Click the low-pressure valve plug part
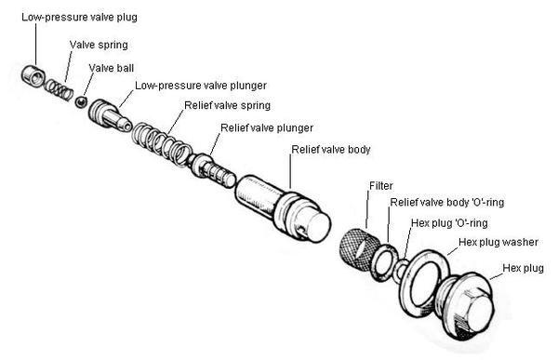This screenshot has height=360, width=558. (x=33, y=76)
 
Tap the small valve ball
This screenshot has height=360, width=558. (x=82, y=101)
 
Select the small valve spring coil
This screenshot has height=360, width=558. (x=59, y=89)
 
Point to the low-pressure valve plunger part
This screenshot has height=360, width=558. (x=110, y=115)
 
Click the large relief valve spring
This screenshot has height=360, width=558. (x=162, y=143)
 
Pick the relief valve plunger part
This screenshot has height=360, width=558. (x=212, y=169)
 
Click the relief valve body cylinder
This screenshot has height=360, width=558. (x=283, y=208)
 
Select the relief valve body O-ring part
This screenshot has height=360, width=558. (x=384, y=262)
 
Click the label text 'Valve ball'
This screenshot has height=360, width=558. (x=112, y=68)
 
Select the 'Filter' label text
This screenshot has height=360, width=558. (x=381, y=185)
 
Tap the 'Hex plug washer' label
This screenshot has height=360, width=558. (x=498, y=242)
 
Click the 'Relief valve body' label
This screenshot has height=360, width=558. (x=331, y=150)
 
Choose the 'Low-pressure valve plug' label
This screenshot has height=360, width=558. (x=79, y=17)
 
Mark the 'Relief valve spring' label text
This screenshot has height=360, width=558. (x=227, y=105)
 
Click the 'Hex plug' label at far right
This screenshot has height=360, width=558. (x=523, y=268)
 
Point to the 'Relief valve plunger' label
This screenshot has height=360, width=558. (x=267, y=127)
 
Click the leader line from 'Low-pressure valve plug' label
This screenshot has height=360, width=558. (x=35, y=44)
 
